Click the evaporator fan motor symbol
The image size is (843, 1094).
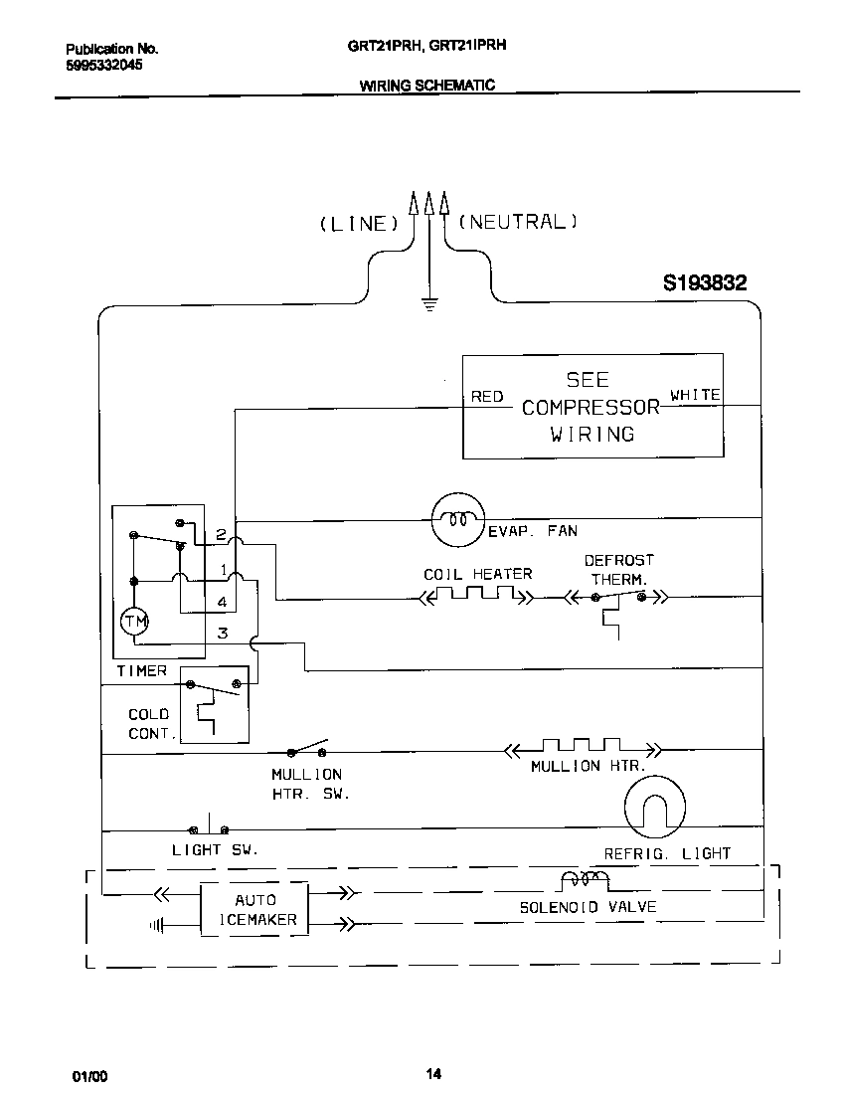[x=456, y=519]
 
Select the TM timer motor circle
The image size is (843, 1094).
[x=134, y=623]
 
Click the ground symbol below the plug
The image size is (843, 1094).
[x=429, y=304]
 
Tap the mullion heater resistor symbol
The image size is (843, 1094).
[x=581, y=746]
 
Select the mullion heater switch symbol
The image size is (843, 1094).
[x=307, y=749]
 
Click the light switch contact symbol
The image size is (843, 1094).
[x=209, y=827]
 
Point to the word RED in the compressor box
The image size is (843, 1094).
[x=487, y=397]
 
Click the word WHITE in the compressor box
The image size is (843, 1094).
[x=695, y=395]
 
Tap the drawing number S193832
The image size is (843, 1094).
[x=705, y=283]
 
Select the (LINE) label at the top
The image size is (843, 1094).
[x=358, y=224]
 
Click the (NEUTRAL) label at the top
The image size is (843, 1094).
[x=517, y=222]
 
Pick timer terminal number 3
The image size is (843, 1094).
[x=223, y=633]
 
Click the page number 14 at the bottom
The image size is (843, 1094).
[x=432, y=1073]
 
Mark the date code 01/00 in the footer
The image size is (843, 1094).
[x=88, y=1077]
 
